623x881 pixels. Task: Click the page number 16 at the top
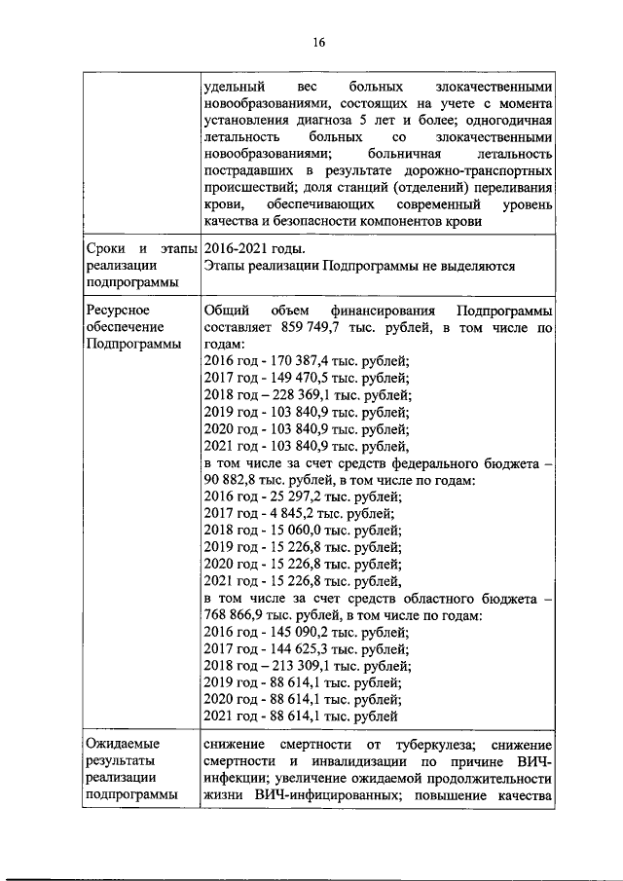pos(318,42)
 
